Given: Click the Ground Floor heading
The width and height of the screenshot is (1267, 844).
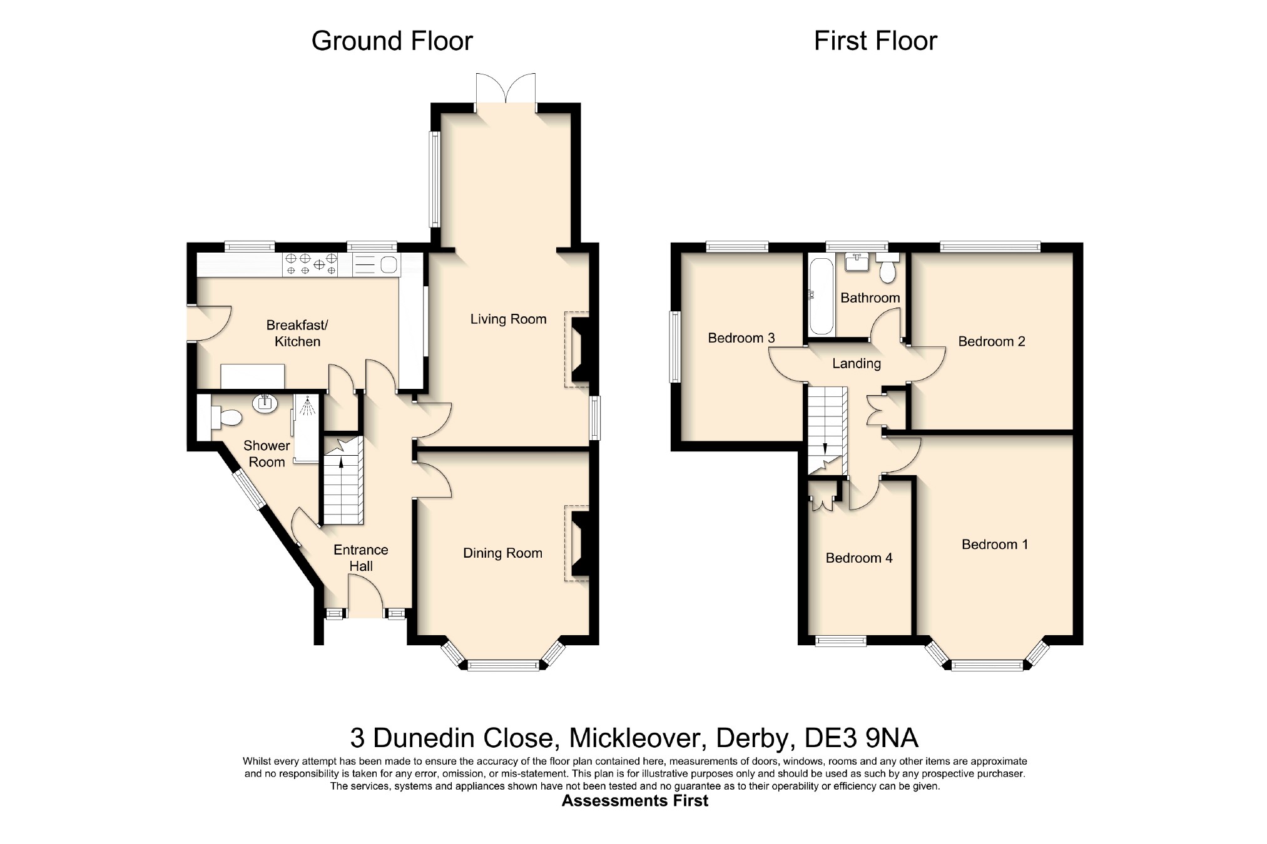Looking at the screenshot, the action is pyautogui.click(x=392, y=41).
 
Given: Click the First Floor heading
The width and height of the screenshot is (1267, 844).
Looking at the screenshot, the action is pyautogui.click(x=875, y=41).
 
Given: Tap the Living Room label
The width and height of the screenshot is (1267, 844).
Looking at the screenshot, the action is pyautogui.click(x=508, y=319).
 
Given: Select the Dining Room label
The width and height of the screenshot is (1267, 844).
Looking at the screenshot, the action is pyautogui.click(x=502, y=553).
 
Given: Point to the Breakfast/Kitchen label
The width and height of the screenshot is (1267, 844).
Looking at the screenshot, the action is pyautogui.click(x=297, y=333).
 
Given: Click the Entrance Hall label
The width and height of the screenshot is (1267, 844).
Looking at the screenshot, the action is pyautogui.click(x=361, y=558).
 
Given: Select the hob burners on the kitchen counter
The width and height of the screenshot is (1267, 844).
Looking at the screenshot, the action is pyautogui.click(x=311, y=264).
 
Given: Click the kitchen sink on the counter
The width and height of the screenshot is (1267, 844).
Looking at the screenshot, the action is pyautogui.click(x=376, y=265).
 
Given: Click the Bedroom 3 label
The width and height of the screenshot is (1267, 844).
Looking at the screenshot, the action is pyautogui.click(x=741, y=338).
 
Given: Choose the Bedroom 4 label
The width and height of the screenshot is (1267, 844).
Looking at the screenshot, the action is pyautogui.click(x=859, y=558).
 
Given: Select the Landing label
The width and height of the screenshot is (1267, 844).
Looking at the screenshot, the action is pyautogui.click(x=856, y=363).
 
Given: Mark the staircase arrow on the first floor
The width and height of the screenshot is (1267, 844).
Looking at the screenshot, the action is pyautogui.click(x=825, y=448).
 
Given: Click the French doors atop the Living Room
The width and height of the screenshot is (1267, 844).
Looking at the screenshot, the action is pyautogui.click(x=506, y=93).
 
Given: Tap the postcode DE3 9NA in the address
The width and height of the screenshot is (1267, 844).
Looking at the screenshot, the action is pyautogui.click(x=861, y=738).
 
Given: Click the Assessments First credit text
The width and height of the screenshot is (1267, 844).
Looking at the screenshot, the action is pyautogui.click(x=634, y=801).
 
